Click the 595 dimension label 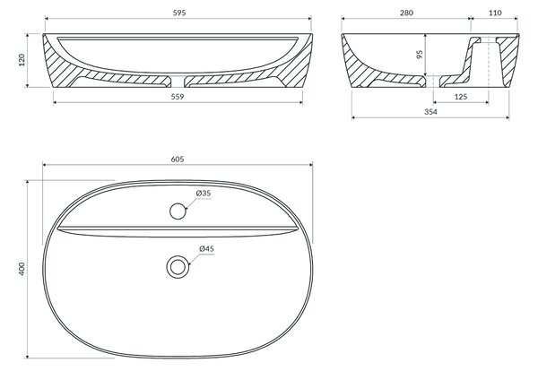[x=179, y=13]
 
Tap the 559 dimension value [x=178, y=97]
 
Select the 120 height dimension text [x=22, y=60]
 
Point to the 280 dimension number [x=406, y=13]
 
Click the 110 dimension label [x=495, y=13]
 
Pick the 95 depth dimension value [x=420, y=54]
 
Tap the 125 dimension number [x=461, y=97]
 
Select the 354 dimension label [x=430, y=112]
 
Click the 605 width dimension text [x=178, y=160]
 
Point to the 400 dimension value [x=22, y=269]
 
